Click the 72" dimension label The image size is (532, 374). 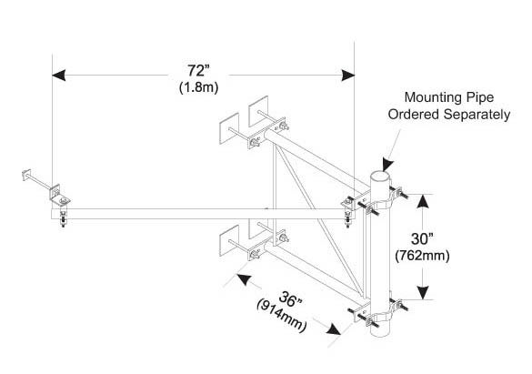click(199, 71)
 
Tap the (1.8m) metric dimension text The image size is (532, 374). click(199, 87)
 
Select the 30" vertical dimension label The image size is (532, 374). click(422, 239)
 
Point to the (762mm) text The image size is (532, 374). click(422, 256)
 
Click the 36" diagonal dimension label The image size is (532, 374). click(290, 299)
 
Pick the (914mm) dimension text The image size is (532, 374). click(281, 316)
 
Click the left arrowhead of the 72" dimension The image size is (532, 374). click(59, 75)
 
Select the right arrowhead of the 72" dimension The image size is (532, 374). click(348, 75)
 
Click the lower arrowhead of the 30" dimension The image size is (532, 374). click(423, 293)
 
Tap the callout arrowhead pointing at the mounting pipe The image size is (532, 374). click(387, 165)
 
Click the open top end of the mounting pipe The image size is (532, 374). click(379, 177)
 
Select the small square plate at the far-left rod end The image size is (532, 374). click(26, 175)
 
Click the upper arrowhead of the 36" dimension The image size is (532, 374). click(244, 279)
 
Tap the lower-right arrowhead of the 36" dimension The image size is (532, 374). click(334, 329)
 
